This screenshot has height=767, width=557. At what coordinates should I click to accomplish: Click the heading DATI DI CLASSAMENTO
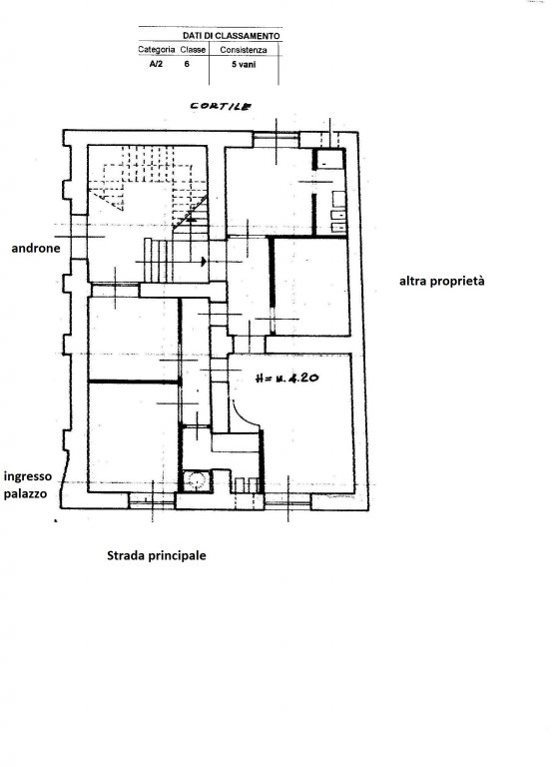point(232,36)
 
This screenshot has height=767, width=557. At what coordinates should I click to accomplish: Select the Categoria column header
point(157,49)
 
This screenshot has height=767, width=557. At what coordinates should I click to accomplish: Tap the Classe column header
point(193,49)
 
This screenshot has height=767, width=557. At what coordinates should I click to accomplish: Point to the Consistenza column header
point(244,50)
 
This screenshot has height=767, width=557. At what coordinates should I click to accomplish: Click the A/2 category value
point(156,64)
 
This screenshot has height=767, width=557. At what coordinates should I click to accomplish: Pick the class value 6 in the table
point(187,64)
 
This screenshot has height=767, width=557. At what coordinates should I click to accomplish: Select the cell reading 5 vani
point(244,64)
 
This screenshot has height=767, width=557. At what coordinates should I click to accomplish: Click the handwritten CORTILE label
point(221,106)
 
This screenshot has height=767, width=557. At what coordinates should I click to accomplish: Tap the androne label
point(36,248)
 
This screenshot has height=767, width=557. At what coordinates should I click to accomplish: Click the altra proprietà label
point(442,282)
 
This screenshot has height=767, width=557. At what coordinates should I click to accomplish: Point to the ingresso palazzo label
point(28,484)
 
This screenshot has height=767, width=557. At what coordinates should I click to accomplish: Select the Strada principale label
point(157,555)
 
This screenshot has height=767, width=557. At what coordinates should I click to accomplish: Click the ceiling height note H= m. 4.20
point(287,379)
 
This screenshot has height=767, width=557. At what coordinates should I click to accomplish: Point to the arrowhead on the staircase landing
point(204,262)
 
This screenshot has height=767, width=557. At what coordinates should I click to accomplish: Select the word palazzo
point(25,493)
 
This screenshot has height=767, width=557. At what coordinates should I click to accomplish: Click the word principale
point(178,556)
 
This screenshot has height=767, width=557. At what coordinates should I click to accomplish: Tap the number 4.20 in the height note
point(304,379)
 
